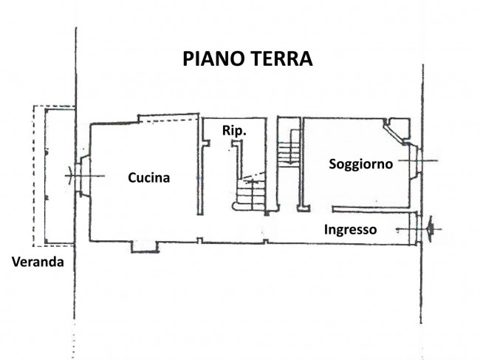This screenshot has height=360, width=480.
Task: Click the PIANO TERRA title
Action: (247, 59)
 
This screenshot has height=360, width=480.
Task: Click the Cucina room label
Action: (148, 177)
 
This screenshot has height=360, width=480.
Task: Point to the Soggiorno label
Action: (361, 164)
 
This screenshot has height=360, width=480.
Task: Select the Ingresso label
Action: (351, 230)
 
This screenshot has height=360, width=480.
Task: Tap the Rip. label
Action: (234, 131)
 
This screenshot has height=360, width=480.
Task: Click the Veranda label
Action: (38, 262)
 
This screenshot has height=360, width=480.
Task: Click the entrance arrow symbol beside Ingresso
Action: (430, 229)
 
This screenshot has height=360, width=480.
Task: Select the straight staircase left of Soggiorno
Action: (289, 149)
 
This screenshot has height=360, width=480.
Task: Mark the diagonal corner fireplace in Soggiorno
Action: (395, 131)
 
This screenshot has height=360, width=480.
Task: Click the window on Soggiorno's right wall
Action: (416, 161)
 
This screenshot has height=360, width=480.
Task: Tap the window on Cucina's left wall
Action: (83, 176)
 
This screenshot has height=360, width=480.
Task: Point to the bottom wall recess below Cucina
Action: (145, 247)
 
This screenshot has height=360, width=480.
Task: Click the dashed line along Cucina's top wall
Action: (168, 121)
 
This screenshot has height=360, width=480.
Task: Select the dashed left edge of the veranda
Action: (34, 176)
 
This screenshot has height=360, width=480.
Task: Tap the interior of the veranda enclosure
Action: (60, 176)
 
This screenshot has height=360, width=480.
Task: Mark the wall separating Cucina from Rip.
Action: (199, 166)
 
